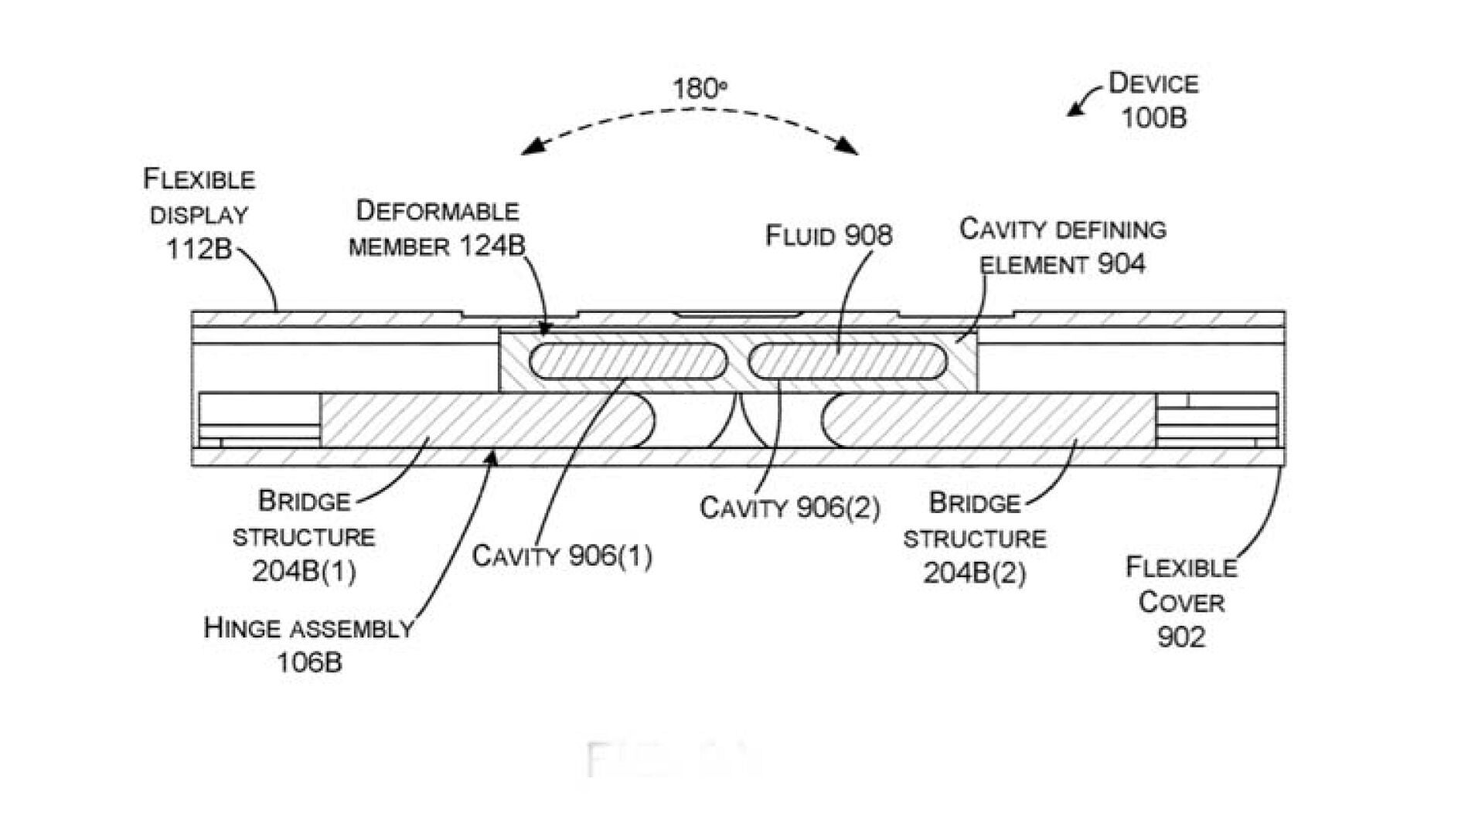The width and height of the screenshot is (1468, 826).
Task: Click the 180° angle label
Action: (x=698, y=90)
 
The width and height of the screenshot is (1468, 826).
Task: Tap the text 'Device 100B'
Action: (x=1153, y=100)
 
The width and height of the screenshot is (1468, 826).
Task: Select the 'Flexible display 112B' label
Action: (x=199, y=214)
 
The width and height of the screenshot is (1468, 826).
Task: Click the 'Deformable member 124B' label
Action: (x=437, y=229)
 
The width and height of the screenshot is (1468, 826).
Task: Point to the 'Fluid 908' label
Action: (x=829, y=236)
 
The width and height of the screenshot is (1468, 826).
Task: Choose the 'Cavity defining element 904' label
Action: (x=1063, y=246)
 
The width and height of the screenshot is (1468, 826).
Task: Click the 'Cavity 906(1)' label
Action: (x=562, y=556)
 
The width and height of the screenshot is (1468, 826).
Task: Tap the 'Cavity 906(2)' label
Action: (x=789, y=508)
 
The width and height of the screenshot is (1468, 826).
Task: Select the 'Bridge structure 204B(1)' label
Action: (x=304, y=536)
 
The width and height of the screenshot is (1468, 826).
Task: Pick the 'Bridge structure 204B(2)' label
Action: (x=975, y=538)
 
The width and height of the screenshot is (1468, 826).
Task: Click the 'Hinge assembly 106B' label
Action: (x=308, y=644)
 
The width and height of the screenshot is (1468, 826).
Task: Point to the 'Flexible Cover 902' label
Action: (x=1181, y=602)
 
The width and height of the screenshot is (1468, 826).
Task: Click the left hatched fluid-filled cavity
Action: (x=628, y=361)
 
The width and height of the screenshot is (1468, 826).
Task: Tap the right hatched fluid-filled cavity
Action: (x=847, y=361)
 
